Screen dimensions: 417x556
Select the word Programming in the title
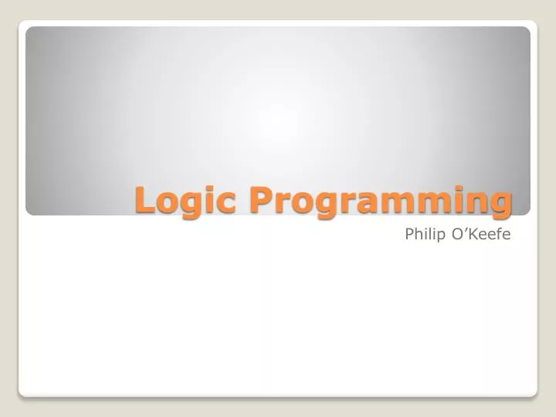point(380,201)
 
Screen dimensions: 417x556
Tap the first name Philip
point(427,233)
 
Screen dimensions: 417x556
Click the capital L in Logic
point(144,199)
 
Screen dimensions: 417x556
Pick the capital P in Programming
point(259,199)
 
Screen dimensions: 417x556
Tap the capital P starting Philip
point(409,233)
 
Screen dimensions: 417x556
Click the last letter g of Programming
point(500,205)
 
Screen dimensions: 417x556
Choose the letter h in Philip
point(419,233)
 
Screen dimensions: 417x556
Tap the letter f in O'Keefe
point(499,233)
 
